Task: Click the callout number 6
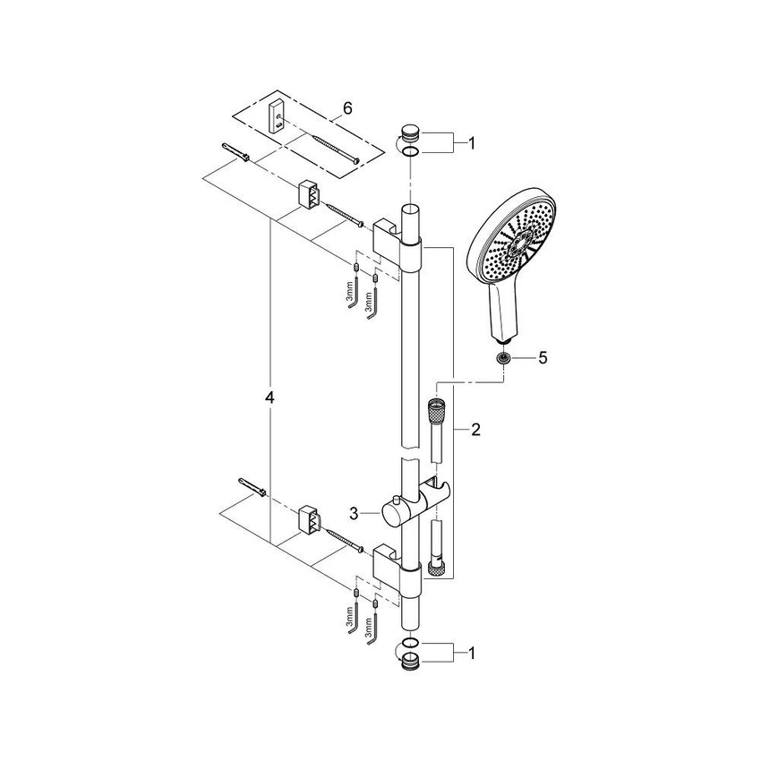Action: click(x=347, y=107)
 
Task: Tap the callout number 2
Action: click(x=475, y=430)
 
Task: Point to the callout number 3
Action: click(x=355, y=514)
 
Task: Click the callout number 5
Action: click(x=541, y=358)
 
